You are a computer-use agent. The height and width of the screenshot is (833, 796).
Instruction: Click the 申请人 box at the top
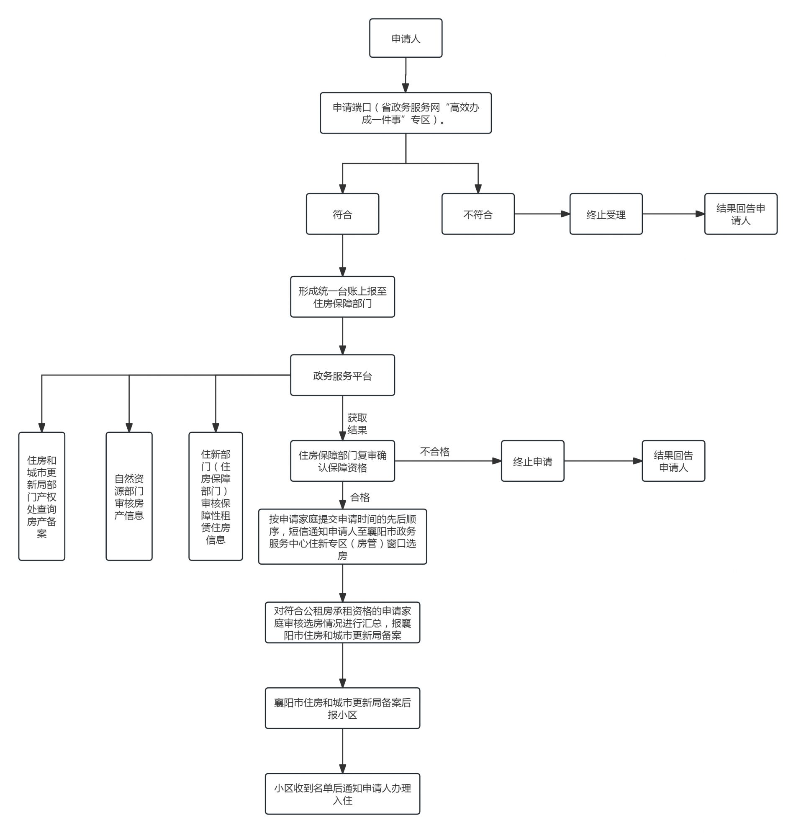tap(406, 38)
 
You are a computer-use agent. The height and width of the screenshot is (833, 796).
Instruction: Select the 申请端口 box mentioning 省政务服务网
tap(406, 113)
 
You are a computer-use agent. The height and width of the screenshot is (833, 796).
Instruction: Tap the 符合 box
tap(342, 214)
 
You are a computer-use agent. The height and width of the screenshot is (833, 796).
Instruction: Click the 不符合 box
tap(478, 214)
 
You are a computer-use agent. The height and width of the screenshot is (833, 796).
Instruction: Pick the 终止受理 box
tap(606, 214)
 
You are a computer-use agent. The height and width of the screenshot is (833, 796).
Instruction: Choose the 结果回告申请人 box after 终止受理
tap(741, 214)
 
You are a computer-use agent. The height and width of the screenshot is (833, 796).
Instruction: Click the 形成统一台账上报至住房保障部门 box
tap(342, 297)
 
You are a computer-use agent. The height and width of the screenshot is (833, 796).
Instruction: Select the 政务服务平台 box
tap(342, 375)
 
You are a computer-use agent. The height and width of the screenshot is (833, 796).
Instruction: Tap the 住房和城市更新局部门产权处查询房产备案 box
tap(41, 496)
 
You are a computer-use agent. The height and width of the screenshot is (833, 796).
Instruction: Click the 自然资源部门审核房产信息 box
tap(129, 496)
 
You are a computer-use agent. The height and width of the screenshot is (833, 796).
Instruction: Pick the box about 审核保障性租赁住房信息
tap(216, 496)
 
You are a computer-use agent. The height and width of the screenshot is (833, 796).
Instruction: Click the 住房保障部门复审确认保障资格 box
tap(342, 461)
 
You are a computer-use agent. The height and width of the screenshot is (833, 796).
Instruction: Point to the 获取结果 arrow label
tap(357, 424)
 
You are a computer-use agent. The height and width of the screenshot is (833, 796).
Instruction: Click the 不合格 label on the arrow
tap(434, 452)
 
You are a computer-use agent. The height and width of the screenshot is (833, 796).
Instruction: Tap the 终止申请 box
tap(532, 461)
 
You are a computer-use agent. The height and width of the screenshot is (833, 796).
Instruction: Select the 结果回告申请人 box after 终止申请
tap(673, 461)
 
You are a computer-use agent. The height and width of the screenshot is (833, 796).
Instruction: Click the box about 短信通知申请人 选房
tap(342, 536)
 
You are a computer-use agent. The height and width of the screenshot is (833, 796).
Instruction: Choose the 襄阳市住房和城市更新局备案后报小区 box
tap(342, 708)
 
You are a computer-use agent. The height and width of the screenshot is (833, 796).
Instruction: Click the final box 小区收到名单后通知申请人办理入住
tap(342, 794)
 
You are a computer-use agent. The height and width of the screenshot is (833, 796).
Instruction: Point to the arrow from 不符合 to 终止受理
tap(542, 214)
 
